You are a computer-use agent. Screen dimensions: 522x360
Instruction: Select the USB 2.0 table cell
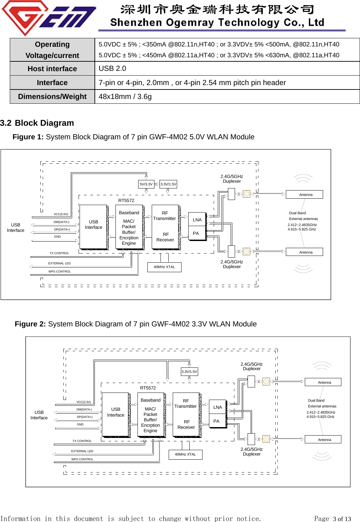[112, 68]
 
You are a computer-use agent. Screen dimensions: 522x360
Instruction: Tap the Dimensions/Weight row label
[52, 97]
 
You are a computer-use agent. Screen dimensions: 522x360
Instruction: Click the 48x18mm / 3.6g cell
[125, 97]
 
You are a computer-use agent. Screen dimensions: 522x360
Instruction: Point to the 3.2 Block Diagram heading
[37, 123]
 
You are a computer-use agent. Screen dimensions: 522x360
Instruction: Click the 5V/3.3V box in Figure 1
[146, 184]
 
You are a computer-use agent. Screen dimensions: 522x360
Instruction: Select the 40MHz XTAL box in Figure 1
[164, 267]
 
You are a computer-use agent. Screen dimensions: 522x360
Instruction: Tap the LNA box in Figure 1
[197, 220]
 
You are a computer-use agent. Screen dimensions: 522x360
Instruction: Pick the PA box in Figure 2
[216, 421]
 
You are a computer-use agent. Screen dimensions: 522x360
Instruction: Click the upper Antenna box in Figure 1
[304, 195]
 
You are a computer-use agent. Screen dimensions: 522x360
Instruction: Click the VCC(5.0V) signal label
[61, 214]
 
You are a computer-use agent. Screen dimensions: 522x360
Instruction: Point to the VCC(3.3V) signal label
[84, 402]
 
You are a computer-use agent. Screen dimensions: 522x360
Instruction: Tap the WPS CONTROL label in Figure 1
[60, 272]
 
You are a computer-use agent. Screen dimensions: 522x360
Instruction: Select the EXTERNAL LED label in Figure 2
[82, 451]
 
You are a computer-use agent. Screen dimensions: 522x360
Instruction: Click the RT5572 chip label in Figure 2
[148, 388]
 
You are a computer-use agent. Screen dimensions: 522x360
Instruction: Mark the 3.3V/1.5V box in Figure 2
[189, 372]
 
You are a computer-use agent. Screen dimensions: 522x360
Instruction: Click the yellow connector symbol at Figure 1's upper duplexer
[247, 194]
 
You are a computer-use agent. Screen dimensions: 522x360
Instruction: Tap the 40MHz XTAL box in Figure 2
[185, 455]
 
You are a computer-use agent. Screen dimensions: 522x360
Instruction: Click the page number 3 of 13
[342, 519]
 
